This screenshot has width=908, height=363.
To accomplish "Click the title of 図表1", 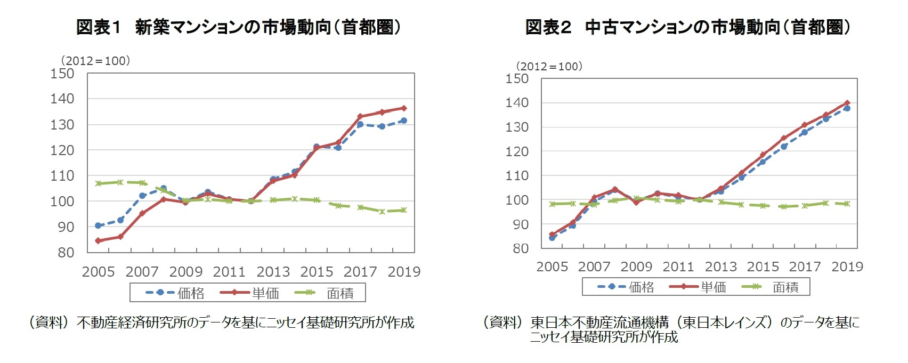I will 238,27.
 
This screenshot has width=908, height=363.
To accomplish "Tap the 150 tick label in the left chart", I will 62,74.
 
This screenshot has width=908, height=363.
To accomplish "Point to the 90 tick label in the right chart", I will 520,224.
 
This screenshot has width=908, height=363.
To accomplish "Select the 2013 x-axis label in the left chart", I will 273,272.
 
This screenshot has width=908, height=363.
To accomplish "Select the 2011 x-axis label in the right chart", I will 678,267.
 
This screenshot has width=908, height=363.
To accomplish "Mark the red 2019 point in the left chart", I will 404,108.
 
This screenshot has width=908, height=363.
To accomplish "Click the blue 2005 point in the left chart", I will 98,226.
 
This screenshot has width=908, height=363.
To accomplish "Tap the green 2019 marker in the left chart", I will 404,210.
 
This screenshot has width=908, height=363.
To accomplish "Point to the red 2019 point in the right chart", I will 847,103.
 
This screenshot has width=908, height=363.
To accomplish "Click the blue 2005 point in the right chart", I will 552,238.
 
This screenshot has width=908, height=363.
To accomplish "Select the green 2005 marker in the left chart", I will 98,183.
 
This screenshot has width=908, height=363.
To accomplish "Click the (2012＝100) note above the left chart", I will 95,61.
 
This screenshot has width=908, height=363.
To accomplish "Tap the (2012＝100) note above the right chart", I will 548,67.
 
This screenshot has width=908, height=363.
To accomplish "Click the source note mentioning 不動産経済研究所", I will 221,322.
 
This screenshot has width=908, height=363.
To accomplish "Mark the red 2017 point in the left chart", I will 360,116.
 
